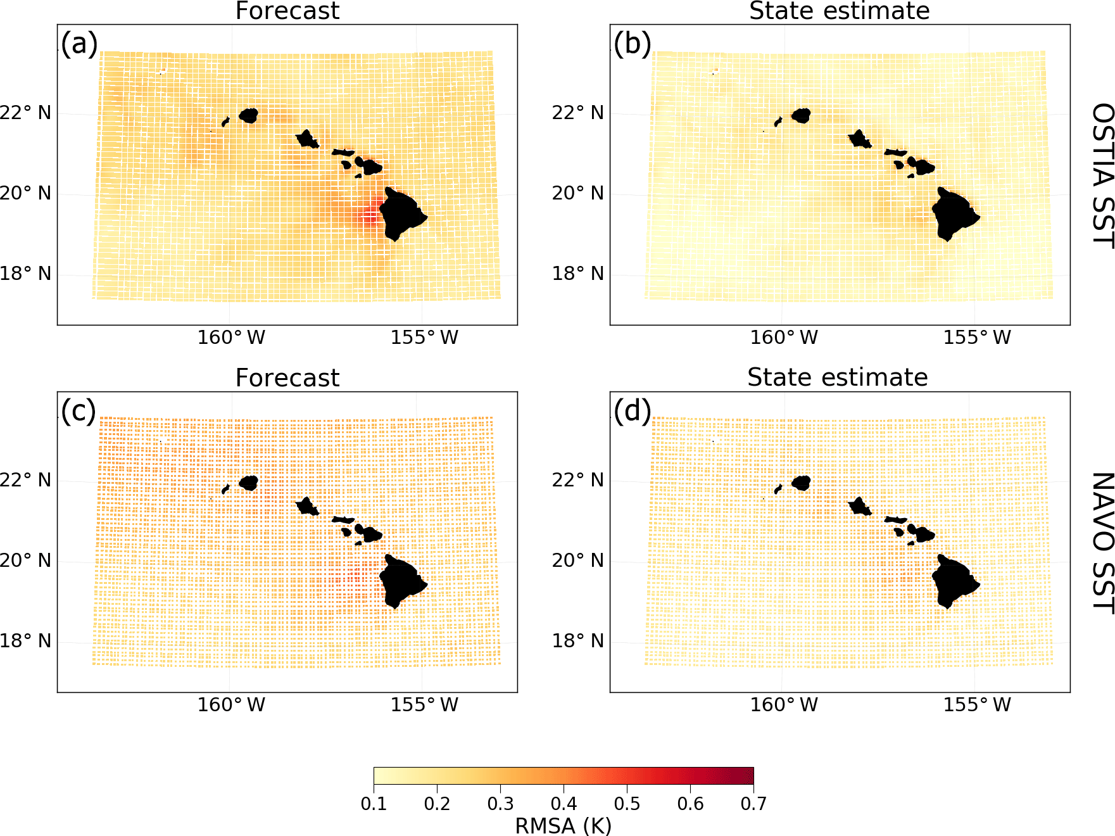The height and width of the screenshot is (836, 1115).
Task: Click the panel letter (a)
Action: point(79,44)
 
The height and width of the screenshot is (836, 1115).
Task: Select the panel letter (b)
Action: point(632,44)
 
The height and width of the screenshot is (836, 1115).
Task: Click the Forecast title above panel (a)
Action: point(287,11)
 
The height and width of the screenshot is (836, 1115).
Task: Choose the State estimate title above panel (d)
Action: point(837,377)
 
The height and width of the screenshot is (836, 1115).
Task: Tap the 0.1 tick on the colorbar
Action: point(374,804)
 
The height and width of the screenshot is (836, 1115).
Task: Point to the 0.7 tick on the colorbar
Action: point(753,804)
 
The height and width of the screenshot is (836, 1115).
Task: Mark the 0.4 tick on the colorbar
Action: point(564,804)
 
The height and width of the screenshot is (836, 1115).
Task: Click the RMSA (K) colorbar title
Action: point(563,826)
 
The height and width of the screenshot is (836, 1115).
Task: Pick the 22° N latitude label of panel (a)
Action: point(25,113)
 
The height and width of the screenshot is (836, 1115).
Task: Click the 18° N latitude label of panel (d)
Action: point(578,641)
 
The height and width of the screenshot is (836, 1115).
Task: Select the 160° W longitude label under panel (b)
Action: point(784,338)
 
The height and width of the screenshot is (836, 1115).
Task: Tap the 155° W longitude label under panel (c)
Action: point(424,705)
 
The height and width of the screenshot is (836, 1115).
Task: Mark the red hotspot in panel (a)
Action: point(370,217)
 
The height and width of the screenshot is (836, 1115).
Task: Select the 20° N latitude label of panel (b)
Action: point(578,193)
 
